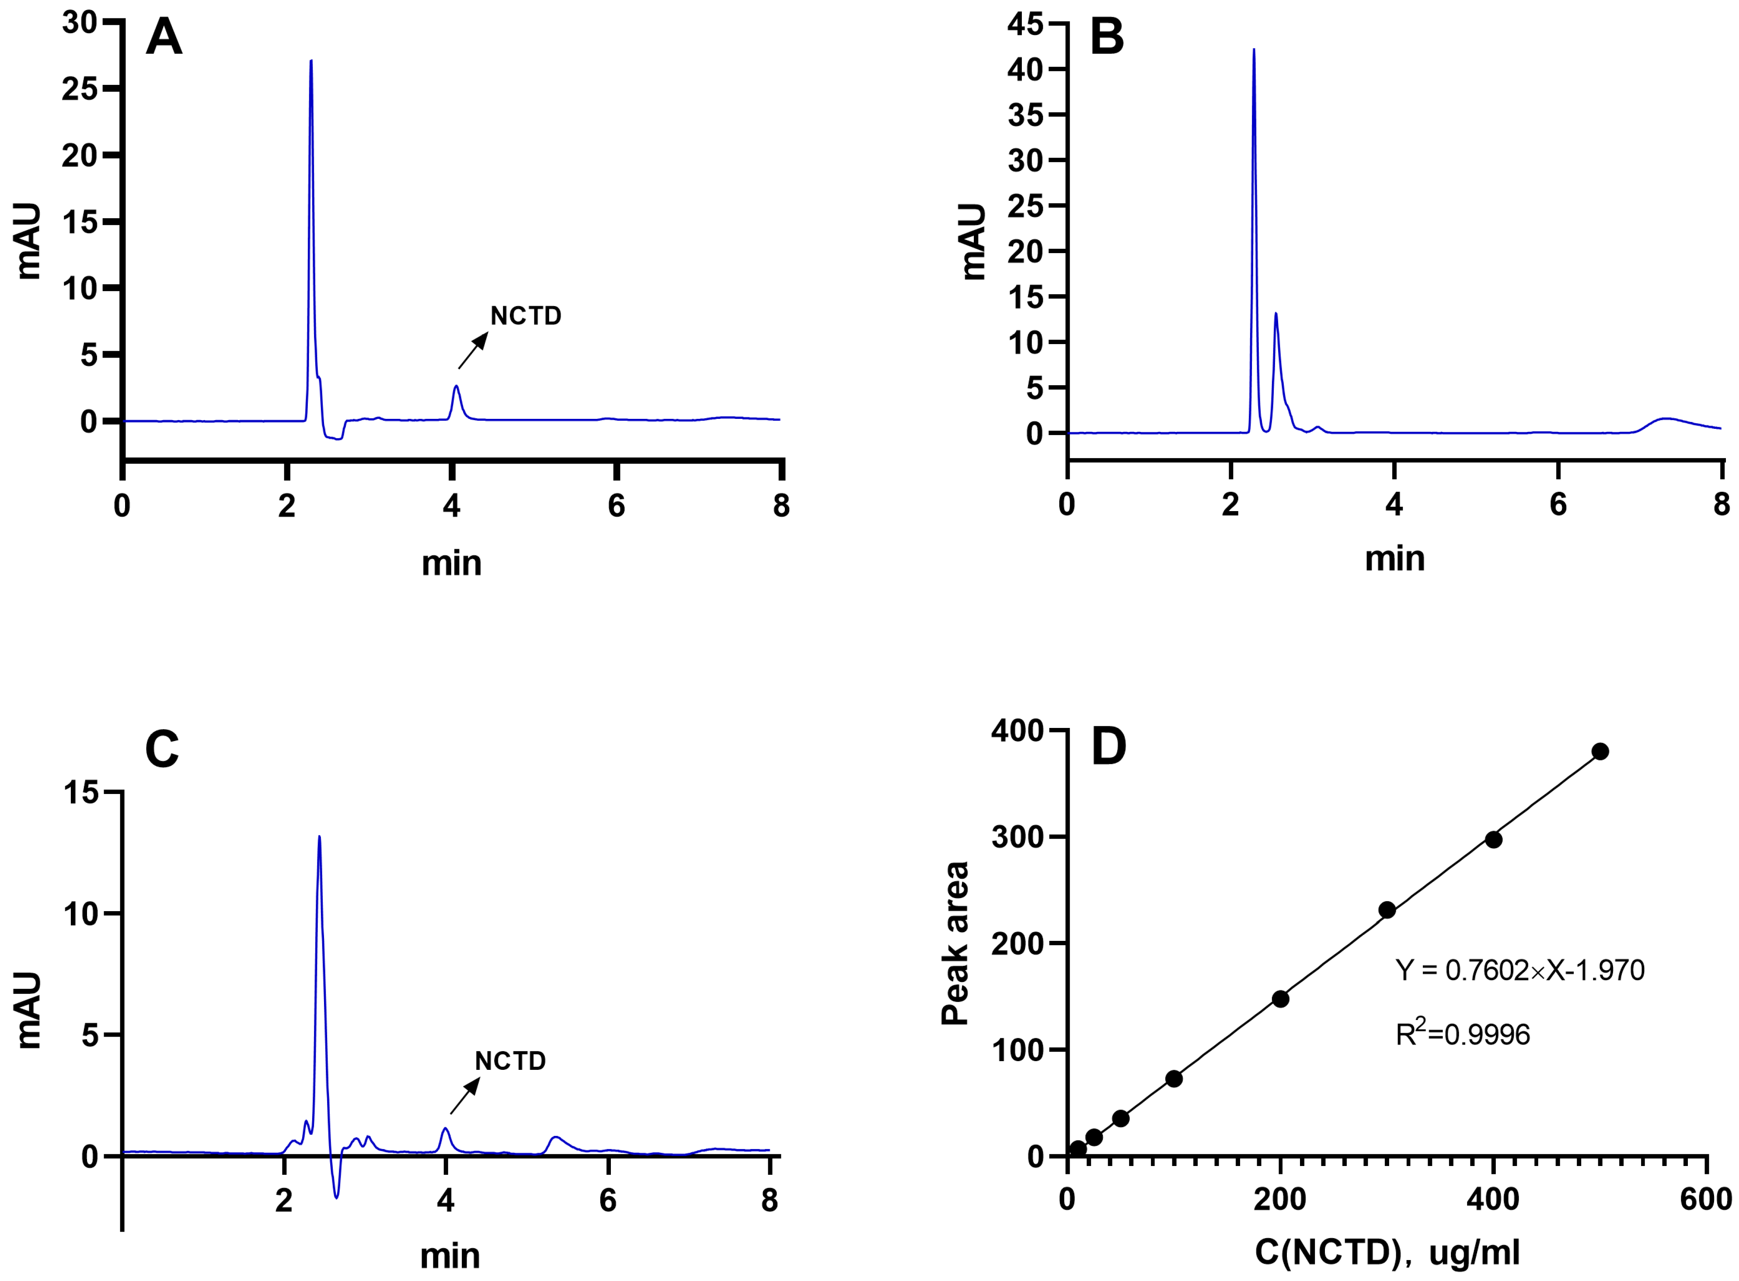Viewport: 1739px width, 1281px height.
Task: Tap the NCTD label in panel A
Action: coord(526,317)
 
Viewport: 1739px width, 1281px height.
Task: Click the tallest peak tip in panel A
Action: coord(311,61)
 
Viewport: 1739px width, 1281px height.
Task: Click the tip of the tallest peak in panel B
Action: coord(1254,50)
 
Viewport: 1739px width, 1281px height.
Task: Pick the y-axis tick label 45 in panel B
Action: coord(1025,24)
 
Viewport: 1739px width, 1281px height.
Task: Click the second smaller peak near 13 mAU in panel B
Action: coord(1275,314)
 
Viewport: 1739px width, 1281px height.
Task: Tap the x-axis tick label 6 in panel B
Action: coord(1558,505)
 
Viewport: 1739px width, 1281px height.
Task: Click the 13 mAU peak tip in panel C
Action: coord(320,837)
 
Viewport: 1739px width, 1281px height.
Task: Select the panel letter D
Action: coord(1108,747)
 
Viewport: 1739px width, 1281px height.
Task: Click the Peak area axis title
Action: coord(955,943)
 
